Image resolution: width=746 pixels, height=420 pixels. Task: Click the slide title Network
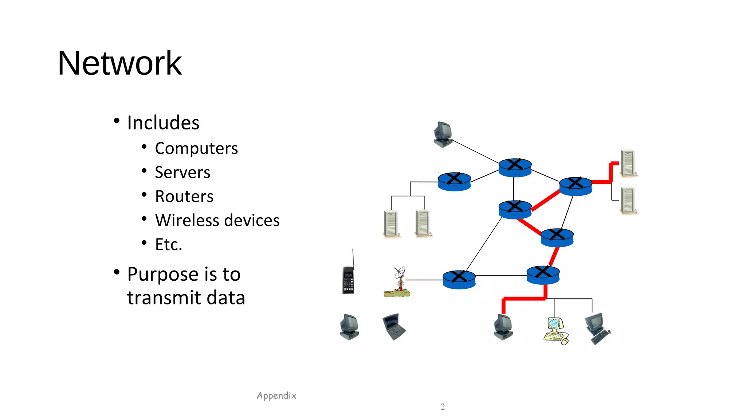[x=119, y=63]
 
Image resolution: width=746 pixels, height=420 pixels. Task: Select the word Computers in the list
[x=196, y=148]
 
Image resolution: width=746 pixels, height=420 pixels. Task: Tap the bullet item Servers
[x=182, y=172]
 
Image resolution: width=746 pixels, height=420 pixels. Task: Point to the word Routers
[x=184, y=197]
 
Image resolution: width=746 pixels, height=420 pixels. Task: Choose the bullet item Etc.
[x=168, y=245]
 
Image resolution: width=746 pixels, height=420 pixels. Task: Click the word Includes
[x=163, y=123]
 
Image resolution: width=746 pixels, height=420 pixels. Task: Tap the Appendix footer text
[x=276, y=396]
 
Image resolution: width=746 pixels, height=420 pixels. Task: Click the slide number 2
[x=443, y=407]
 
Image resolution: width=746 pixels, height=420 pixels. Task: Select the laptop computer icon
[x=394, y=326]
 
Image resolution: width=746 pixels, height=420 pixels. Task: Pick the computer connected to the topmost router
[x=443, y=134]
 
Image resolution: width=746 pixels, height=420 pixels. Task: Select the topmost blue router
[x=515, y=168]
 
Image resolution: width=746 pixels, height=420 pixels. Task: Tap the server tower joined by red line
[x=628, y=163]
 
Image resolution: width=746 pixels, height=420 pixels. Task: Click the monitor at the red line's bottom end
[x=503, y=327]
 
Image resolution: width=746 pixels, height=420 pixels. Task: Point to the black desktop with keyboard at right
[x=597, y=328]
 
